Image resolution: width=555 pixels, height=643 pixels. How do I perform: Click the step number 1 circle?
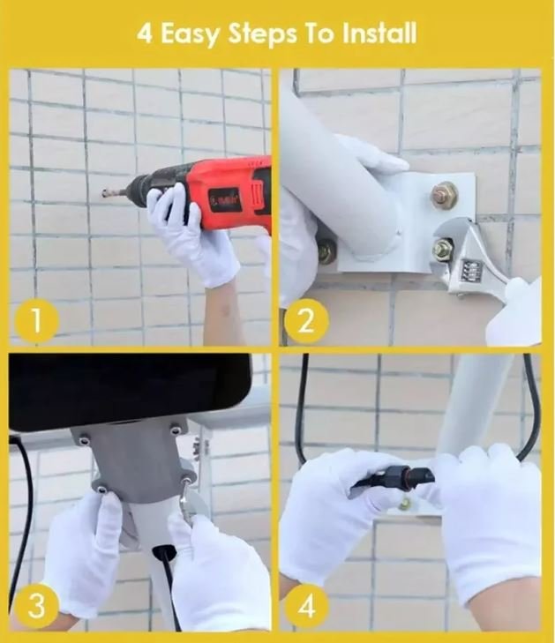36,321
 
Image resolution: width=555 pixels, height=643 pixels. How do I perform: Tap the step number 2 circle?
306,321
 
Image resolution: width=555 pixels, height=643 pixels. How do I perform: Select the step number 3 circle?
36,606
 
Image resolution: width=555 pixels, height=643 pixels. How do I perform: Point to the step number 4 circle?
306,606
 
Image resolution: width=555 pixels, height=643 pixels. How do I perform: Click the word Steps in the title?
262,34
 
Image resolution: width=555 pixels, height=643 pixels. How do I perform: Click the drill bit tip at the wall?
104,193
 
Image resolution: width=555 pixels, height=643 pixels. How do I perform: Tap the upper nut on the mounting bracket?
444,193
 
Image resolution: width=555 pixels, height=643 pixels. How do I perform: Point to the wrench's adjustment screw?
470,270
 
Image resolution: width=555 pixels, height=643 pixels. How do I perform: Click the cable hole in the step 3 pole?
164,551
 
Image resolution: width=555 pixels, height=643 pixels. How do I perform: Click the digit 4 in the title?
144,34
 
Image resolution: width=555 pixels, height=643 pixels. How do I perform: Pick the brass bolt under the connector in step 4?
404,503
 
